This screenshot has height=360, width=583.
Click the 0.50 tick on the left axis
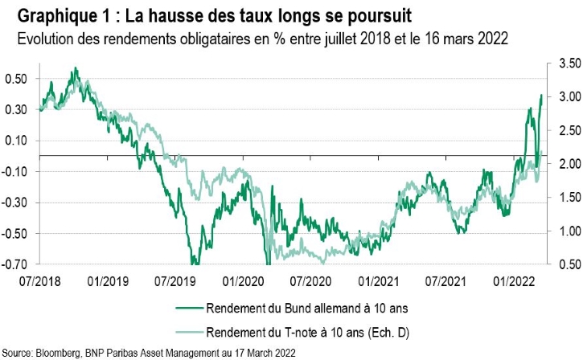click(16, 79)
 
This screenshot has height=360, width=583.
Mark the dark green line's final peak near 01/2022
click(540, 96)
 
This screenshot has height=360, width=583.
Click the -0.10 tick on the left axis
click(15, 172)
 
